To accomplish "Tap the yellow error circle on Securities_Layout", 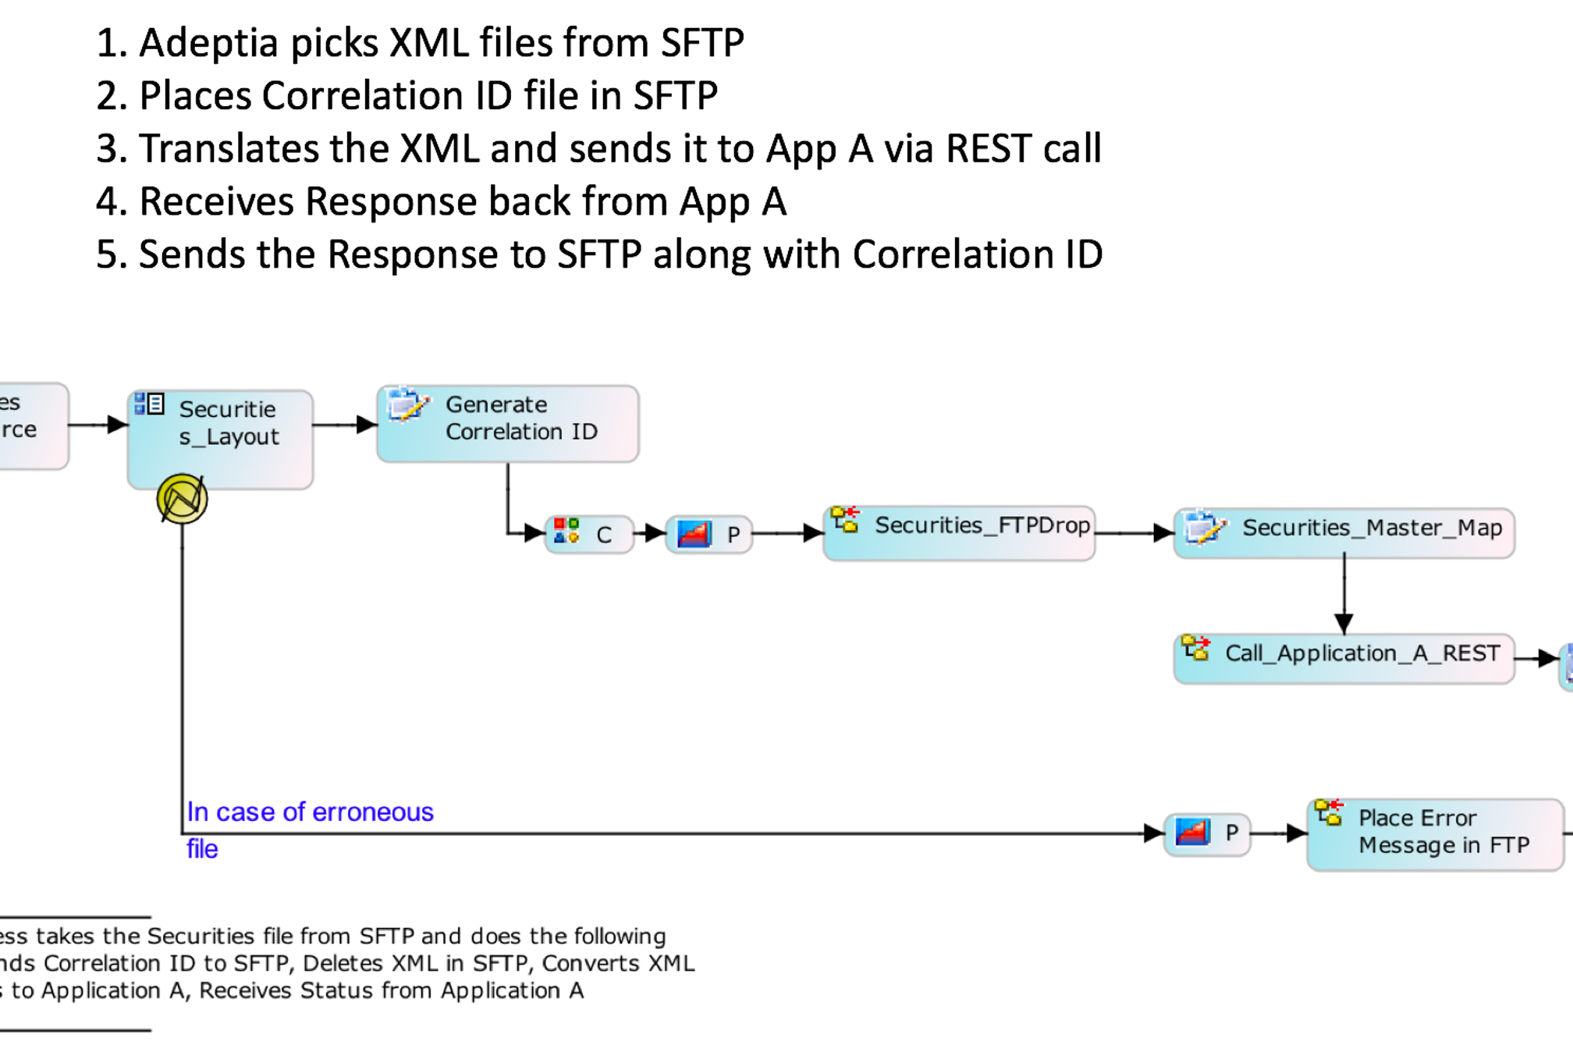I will click(x=182, y=499).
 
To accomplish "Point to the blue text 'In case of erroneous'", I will click(x=310, y=813).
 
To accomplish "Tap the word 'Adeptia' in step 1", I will click(x=208, y=43).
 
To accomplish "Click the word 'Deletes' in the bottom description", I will click(x=341, y=964).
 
